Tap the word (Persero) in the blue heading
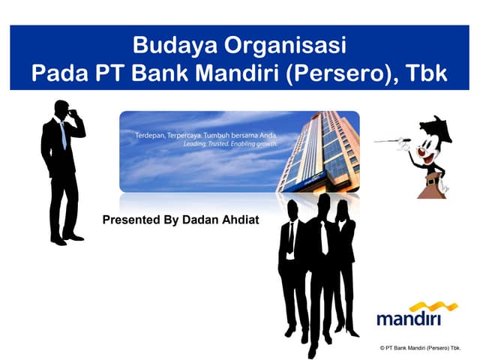pyautogui.click(x=334, y=74)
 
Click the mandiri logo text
pyautogui.click(x=409, y=319)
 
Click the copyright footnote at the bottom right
pyautogui.click(x=420, y=349)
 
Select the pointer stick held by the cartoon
pyautogui.click(x=390, y=140)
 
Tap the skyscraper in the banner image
pyautogui.click(x=319, y=150)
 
